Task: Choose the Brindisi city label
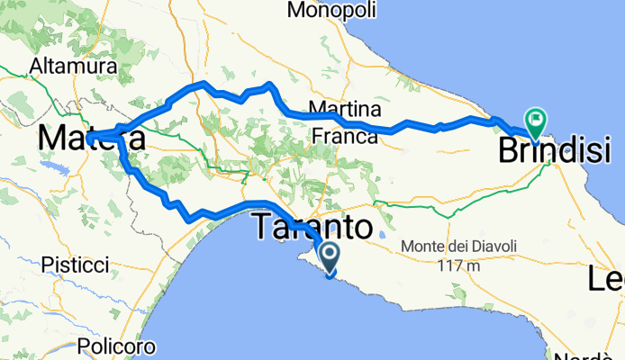(x=555, y=149)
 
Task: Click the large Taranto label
(x=312, y=226)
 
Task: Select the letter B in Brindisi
(x=508, y=149)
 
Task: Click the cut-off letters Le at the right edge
(x=607, y=280)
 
